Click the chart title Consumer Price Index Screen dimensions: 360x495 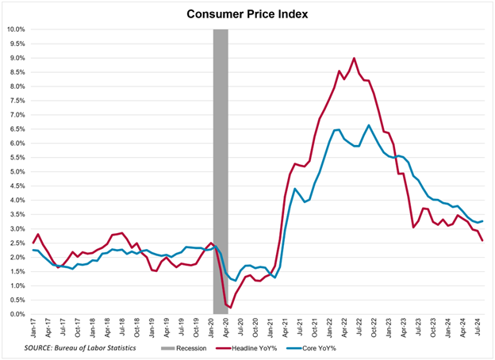click(x=247, y=13)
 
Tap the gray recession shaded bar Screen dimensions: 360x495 click(x=221, y=159)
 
